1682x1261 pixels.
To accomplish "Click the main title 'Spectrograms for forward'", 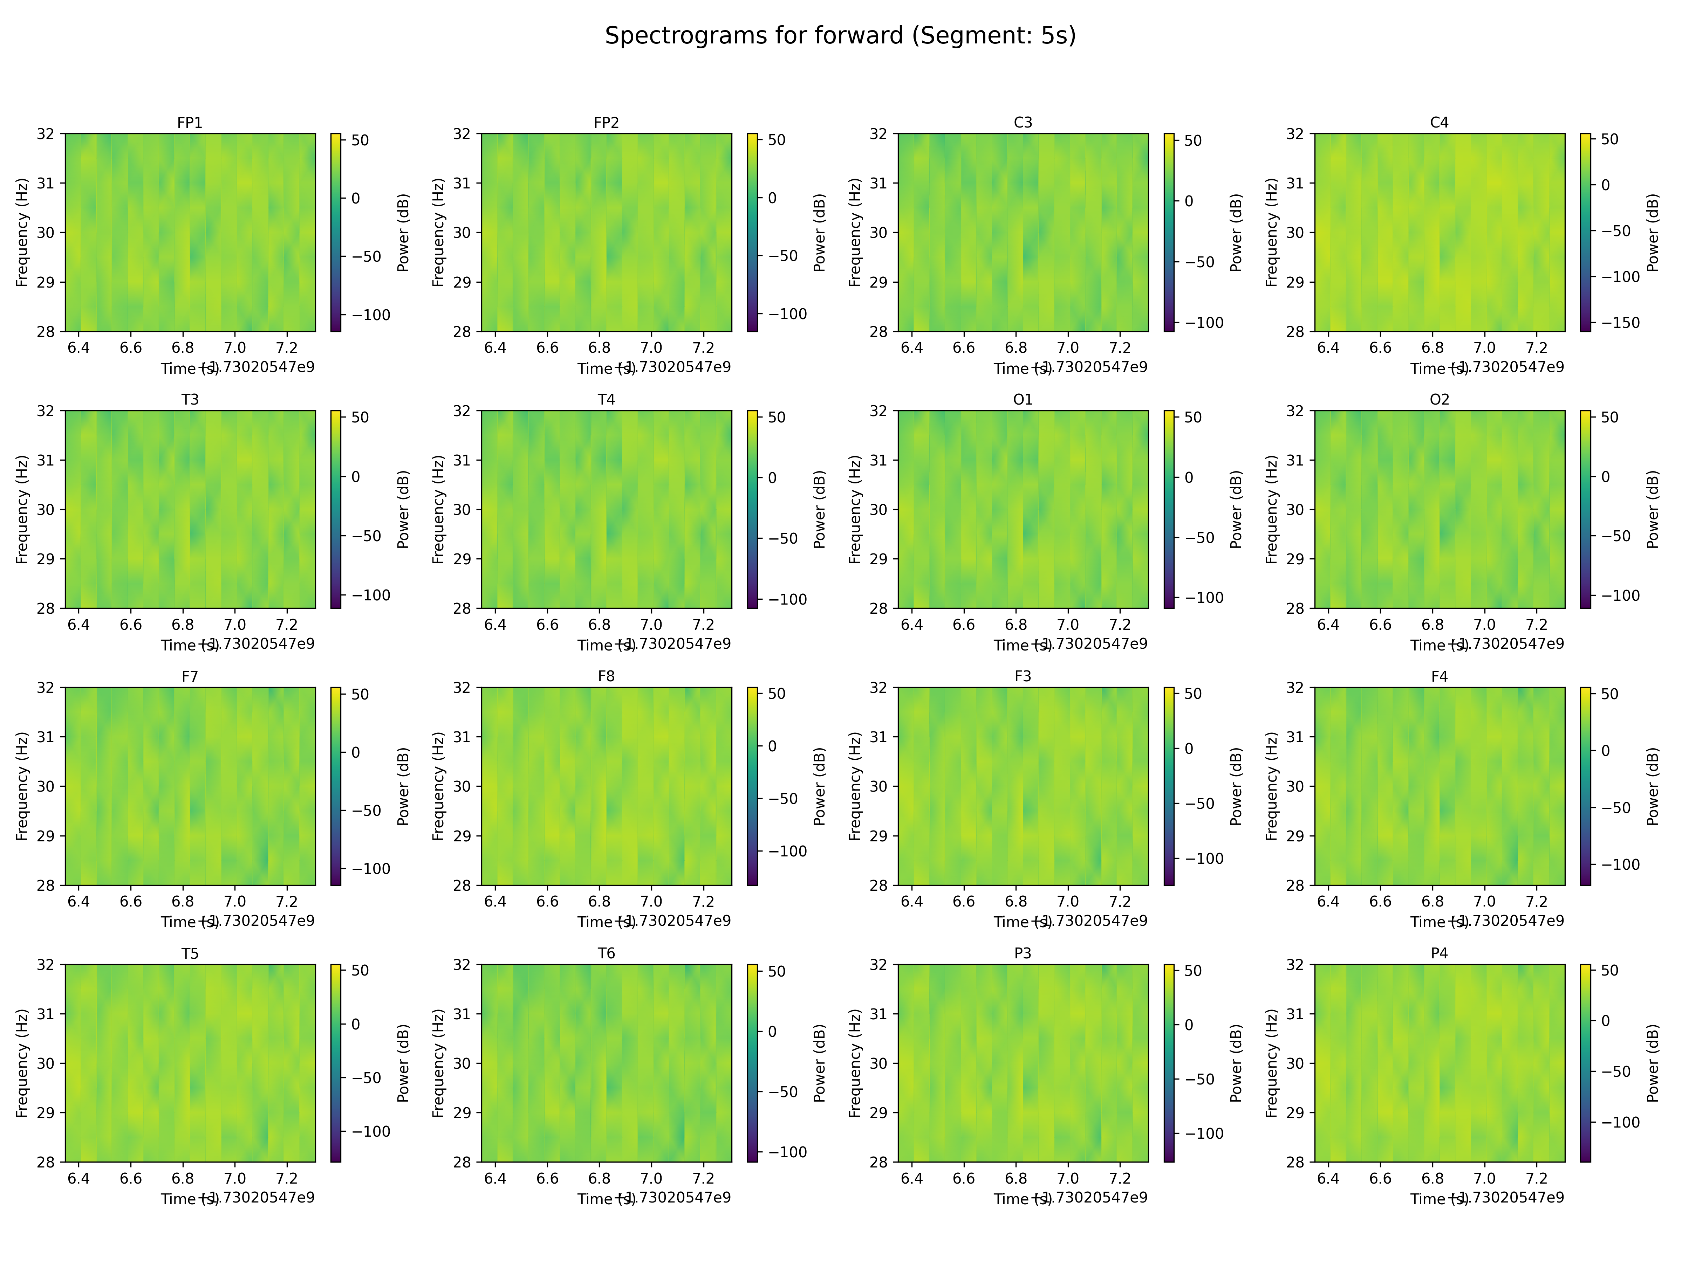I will click(x=840, y=36).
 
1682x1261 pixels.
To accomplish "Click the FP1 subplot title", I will click(x=189, y=122).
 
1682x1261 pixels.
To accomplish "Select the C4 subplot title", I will click(x=1439, y=122).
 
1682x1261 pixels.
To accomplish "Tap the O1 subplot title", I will click(x=1023, y=399).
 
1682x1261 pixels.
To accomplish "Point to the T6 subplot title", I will click(x=606, y=953).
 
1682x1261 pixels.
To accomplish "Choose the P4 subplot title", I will click(x=1439, y=953).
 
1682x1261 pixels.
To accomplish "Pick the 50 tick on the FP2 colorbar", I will click(x=777, y=140).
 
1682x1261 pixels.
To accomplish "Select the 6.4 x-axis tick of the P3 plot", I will click(x=912, y=1178).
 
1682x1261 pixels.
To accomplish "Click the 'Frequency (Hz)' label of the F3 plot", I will click(x=855, y=786).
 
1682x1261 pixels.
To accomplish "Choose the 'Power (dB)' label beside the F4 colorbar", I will click(x=1652, y=786).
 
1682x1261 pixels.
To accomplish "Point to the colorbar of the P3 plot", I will click(x=1169, y=1063).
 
